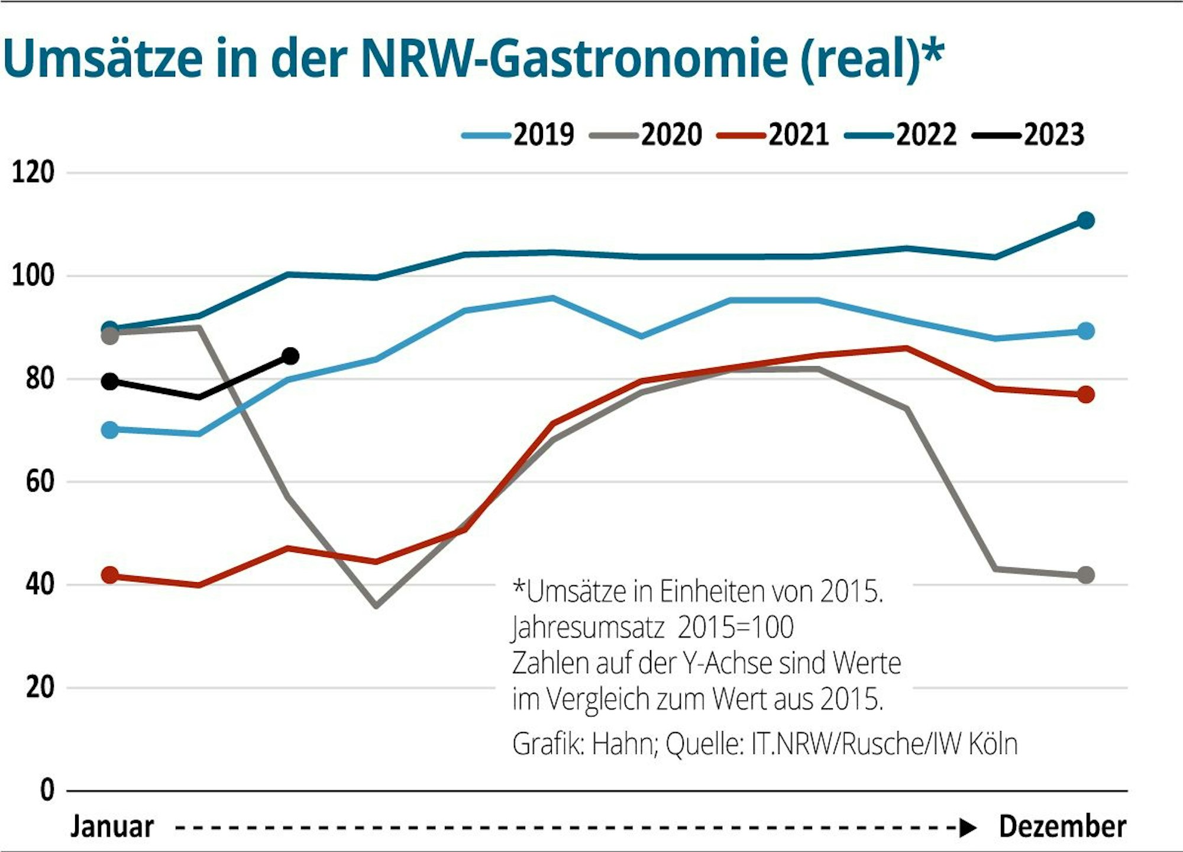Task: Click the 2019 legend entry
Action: (x=519, y=135)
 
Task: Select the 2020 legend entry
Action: (x=647, y=135)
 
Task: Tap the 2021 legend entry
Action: (x=774, y=135)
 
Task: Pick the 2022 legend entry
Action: (x=901, y=135)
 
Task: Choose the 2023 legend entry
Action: (x=1029, y=135)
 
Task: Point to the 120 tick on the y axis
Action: (x=33, y=173)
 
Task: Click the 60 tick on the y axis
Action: (x=40, y=482)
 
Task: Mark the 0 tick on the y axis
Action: (x=47, y=790)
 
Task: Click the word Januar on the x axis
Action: (x=112, y=827)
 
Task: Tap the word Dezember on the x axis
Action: (x=1062, y=827)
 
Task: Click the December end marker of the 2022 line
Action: (x=1085, y=221)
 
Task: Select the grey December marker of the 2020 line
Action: (x=1085, y=575)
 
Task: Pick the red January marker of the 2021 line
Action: (x=110, y=575)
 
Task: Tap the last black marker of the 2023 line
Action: (x=290, y=356)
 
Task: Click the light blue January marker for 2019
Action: (x=110, y=430)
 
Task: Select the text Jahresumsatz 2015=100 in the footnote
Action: (x=652, y=627)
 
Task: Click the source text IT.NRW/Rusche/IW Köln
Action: (x=884, y=744)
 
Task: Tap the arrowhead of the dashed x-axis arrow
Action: (x=967, y=828)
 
